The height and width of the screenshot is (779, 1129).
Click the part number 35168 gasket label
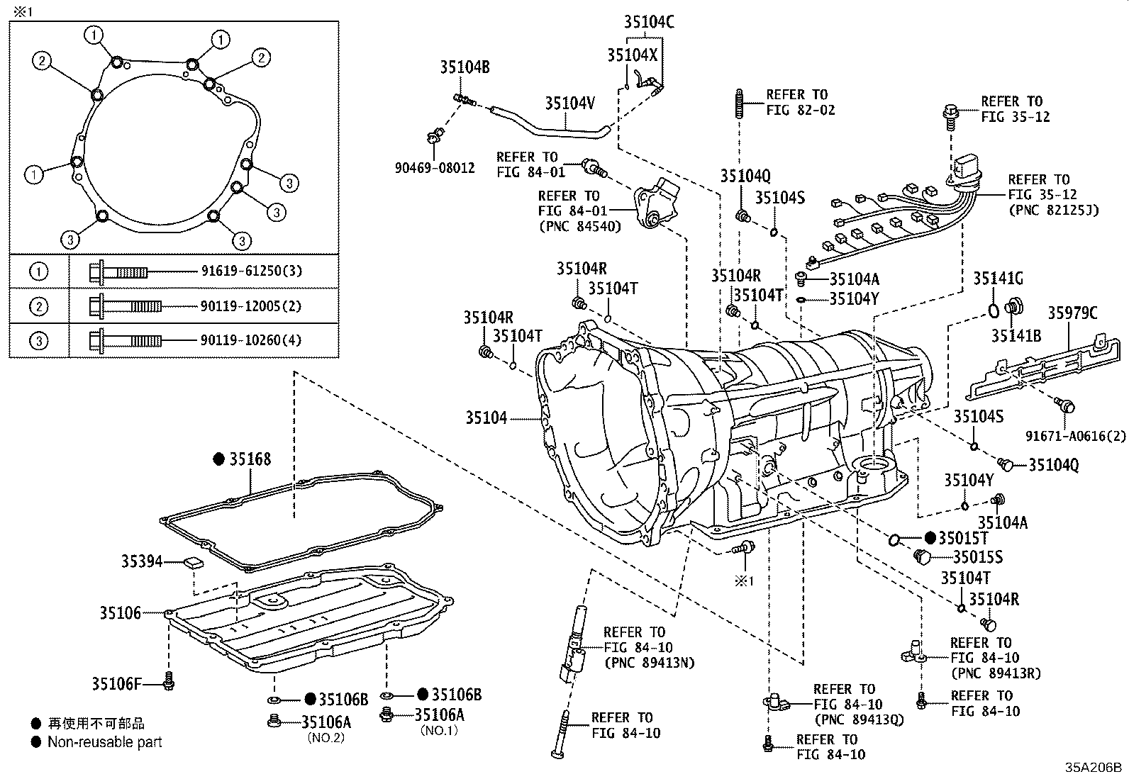click(250, 459)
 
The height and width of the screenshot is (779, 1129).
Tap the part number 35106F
click(116, 684)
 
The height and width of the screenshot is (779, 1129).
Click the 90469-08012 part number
click(435, 169)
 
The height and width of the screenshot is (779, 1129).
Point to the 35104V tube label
click(569, 103)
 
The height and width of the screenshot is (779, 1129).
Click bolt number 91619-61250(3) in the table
click(245, 271)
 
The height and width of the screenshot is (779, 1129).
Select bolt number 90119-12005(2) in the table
click(245, 306)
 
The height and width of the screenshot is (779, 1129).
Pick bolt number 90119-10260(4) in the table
click(245, 340)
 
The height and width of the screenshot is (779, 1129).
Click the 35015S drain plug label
click(977, 557)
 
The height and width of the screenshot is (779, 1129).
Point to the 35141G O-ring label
click(998, 279)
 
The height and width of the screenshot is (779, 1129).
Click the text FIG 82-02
click(801, 111)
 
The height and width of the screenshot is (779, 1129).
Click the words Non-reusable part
click(104, 742)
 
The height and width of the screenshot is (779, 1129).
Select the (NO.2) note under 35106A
click(326, 737)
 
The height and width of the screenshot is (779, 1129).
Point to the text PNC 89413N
click(649, 663)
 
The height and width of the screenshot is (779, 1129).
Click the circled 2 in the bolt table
click(40, 306)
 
